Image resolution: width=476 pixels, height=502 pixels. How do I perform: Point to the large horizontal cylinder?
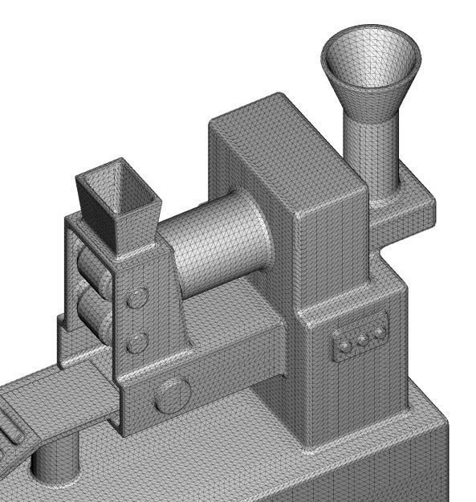[217, 241]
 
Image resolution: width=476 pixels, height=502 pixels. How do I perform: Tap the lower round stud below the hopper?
[138, 344]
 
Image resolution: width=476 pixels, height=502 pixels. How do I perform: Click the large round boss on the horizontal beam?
[173, 395]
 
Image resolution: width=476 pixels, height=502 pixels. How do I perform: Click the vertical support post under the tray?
[56, 462]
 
